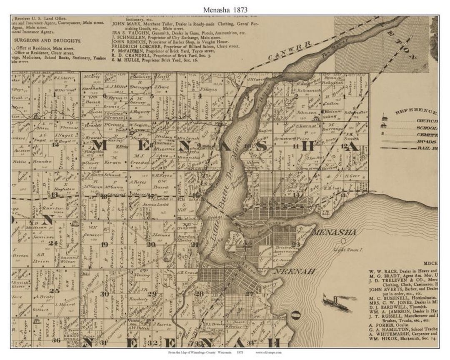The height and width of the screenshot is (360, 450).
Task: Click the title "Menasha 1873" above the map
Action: point(225,9)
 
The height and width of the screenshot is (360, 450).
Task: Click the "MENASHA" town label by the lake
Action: point(333,232)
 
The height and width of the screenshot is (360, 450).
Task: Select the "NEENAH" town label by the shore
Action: point(293,271)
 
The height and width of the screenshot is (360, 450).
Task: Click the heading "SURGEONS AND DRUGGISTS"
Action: point(48,40)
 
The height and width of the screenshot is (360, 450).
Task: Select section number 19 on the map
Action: point(104,244)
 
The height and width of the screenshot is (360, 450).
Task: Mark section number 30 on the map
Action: point(104,294)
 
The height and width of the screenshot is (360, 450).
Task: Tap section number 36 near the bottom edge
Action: point(56,340)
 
